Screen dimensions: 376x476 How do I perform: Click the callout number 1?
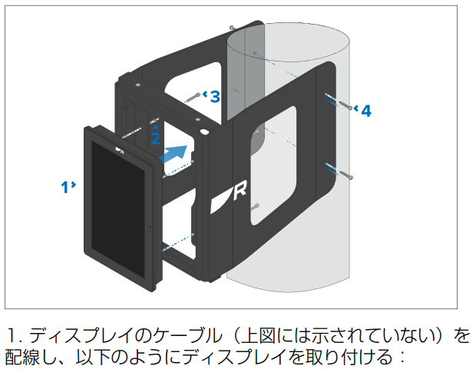pyautogui.click(x=65, y=185)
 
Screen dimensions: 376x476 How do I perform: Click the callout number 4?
pyautogui.click(x=365, y=111)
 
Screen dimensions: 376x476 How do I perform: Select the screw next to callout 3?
pyautogui.click(x=193, y=98)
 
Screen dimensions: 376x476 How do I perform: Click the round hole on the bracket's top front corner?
pyautogui.click(x=205, y=132)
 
